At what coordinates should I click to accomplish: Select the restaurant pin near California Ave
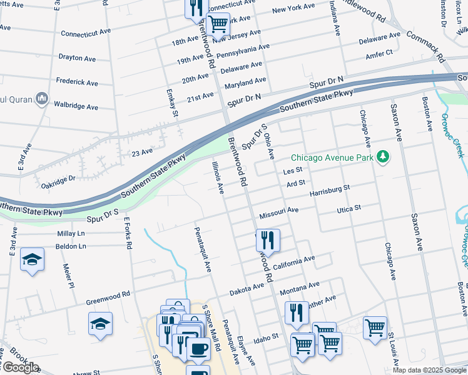(x=268, y=241)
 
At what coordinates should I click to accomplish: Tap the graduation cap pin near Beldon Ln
(x=32, y=259)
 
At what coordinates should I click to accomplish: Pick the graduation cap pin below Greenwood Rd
(x=100, y=324)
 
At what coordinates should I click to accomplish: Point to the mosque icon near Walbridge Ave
(x=42, y=98)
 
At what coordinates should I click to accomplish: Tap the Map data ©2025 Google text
(x=429, y=370)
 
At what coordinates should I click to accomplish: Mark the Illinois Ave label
(x=217, y=176)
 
